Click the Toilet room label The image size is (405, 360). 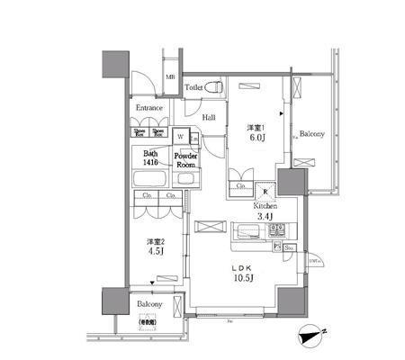pyautogui.click(x=193, y=87)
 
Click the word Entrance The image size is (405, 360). pyautogui.click(x=149, y=108)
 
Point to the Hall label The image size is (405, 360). pyautogui.click(x=208, y=118)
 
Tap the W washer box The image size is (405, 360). pyautogui.click(x=181, y=137)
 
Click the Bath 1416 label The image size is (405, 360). pyautogui.click(x=150, y=158)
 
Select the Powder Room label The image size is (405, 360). pyautogui.click(x=186, y=161)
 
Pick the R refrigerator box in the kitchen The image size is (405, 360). pyautogui.click(x=265, y=190)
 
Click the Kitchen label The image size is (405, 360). pyautogui.click(x=265, y=205)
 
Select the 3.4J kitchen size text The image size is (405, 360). pyautogui.click(x=265, y=217)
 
